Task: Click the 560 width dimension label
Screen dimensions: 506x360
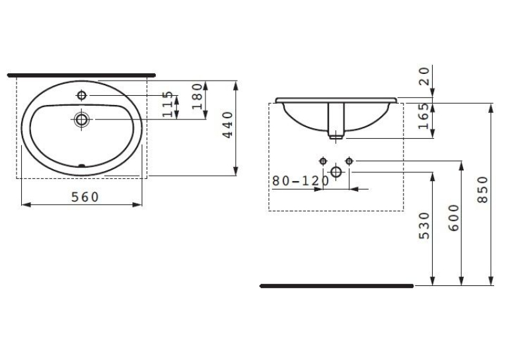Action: click(x=85, y=197)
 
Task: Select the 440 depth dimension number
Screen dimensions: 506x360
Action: click(x=228, y=125)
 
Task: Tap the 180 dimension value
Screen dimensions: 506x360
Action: click(x=197, y=96)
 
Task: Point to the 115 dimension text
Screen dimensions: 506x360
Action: click(x=167, y=104)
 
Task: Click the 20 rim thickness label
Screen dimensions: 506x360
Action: click(x=424, y=76)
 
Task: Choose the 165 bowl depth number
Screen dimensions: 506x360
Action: click(x=423, y=116)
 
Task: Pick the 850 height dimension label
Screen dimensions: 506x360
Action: click(x=483, y=190)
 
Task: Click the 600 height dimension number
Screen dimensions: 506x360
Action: click(x=453, y=218)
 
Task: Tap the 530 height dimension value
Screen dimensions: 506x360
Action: click(x=424, y=225)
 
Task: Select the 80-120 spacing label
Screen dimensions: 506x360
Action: click(x=301, y=181)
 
